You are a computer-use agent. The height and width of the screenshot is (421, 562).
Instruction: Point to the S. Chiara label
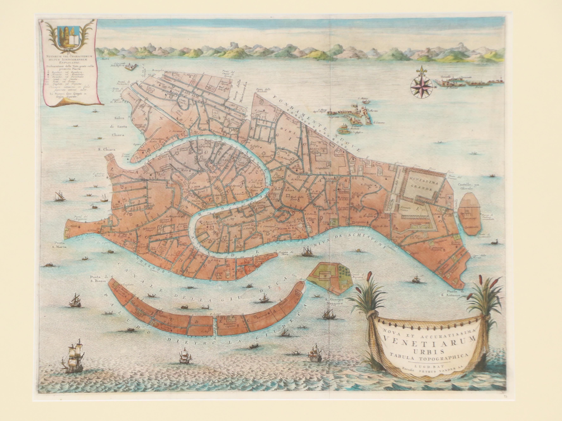coord(107,150)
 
